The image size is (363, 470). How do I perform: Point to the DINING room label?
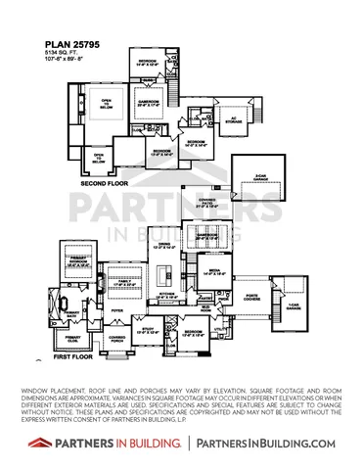(164, 246)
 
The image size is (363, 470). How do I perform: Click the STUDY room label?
(145, 330)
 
